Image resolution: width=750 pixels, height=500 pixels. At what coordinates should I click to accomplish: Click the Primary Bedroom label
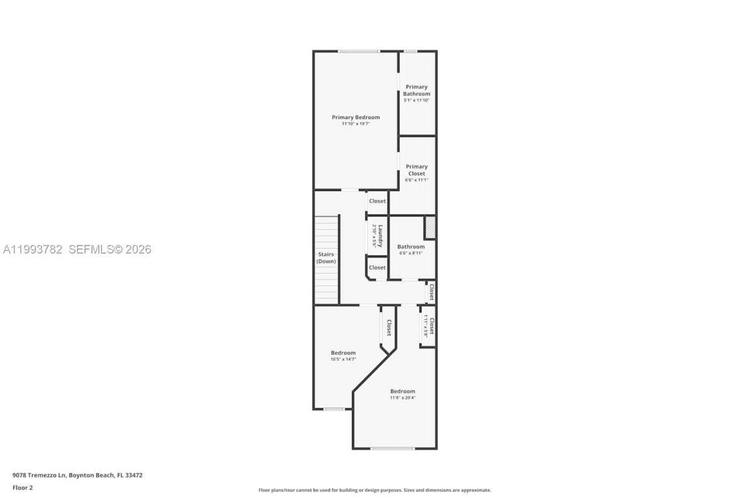point(356,117)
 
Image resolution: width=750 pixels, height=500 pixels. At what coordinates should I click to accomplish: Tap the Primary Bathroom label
point(417,90)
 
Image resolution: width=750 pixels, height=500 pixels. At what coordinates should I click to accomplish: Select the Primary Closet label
point(417,170)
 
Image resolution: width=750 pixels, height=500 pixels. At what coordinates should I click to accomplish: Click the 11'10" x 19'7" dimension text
point(356,124)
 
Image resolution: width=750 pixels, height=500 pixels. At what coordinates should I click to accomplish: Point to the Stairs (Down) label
point(326,258)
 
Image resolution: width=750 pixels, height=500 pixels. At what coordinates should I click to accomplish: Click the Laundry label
point(380,235)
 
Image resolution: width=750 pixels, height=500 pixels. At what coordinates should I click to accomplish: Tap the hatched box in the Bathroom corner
point(430,228)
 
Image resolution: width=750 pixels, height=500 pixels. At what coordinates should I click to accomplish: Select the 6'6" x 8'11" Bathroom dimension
point(411,253)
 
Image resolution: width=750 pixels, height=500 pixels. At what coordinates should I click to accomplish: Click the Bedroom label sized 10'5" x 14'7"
point(343,353)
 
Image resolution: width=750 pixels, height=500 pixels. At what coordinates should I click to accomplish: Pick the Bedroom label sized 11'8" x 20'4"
point(403,391)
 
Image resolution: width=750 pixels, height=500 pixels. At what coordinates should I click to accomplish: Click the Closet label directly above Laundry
point(377,201)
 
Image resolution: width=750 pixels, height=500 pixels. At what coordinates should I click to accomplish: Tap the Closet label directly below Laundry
point(377,267)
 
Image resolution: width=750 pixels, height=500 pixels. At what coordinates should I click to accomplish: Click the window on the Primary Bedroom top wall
point(359,52)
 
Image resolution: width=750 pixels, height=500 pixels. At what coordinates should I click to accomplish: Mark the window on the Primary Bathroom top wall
point(410,52)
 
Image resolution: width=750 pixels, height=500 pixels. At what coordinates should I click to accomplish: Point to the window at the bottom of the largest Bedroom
point(393,449)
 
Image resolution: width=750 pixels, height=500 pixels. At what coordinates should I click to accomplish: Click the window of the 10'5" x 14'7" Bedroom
point(334,409)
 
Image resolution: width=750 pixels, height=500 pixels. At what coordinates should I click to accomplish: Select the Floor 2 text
point(23,488)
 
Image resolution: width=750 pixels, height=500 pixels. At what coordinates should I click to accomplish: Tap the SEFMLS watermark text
point(110,250)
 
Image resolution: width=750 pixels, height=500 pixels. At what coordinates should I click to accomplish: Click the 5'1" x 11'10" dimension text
point(417,100)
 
